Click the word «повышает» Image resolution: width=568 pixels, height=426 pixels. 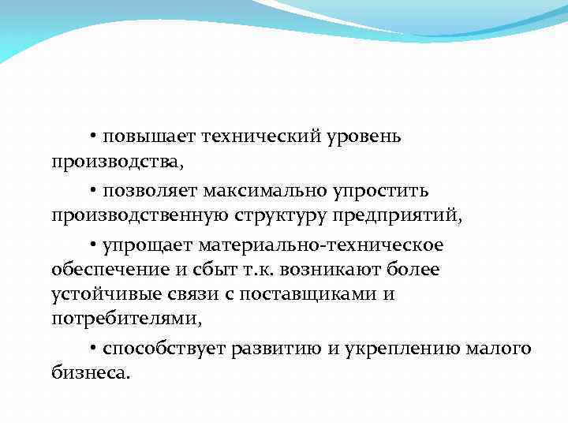147,137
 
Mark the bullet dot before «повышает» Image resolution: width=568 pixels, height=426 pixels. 93,137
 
